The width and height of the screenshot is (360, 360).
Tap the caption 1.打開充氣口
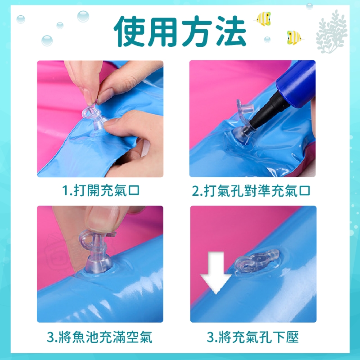point(100,190)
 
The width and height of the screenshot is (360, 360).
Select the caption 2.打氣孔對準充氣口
point(251,190)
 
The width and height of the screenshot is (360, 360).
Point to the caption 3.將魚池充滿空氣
point(99,337)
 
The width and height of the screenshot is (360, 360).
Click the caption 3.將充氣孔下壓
point(252,337)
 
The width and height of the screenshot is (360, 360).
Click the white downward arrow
point(216,273)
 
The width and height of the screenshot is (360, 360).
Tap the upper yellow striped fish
point(263,18)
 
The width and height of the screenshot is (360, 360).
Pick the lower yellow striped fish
point(294,37)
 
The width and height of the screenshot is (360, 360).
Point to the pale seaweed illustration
point(332,31)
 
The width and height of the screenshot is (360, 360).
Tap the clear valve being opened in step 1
point(94,117)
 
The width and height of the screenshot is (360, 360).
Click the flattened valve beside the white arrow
point(256,261)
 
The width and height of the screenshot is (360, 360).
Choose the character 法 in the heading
point(230,31)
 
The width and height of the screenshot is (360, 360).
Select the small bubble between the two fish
point(267,40)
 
